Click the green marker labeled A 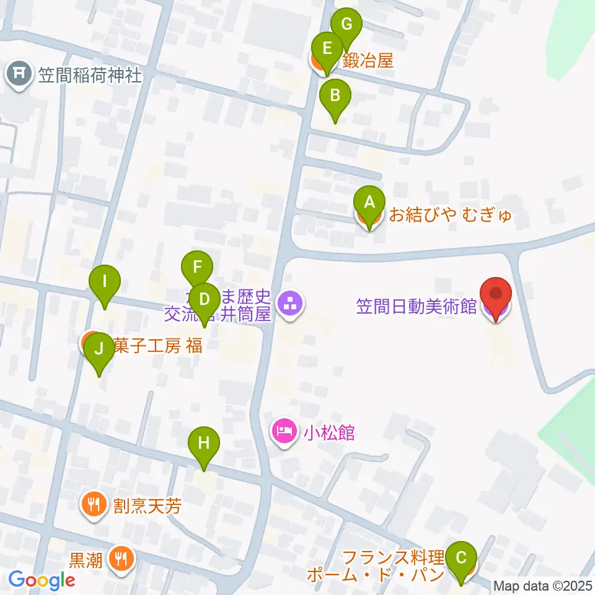[369, 203]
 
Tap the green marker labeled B [335, 96]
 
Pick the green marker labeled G [346, 25]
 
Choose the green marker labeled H [205, 443]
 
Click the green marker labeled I [105, 282]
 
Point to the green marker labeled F [197, 267]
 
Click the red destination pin [496, 294]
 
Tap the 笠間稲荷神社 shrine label [90, 76]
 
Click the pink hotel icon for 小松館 [284, 431]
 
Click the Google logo [42, 580]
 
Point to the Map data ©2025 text [543, 586]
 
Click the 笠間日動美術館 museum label [416, 306]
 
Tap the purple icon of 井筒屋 [289, 304]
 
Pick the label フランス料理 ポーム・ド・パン [376, 565]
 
